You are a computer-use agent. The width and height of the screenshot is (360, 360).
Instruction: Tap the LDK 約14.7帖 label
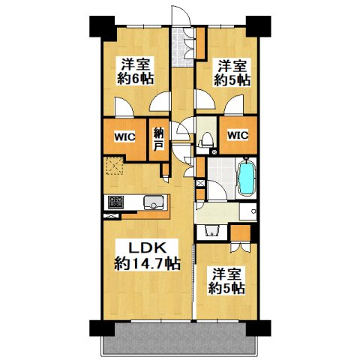click(146, 256)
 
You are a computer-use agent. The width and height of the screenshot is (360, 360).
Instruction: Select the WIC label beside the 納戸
click(124, 138)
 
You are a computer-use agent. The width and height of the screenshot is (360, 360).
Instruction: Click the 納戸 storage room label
click(159, 139)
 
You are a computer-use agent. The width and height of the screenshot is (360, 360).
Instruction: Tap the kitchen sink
click(154, 202)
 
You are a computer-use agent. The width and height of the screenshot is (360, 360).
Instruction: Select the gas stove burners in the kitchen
click(116, 202)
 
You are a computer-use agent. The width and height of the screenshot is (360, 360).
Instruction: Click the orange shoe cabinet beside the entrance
click(202, 41)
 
